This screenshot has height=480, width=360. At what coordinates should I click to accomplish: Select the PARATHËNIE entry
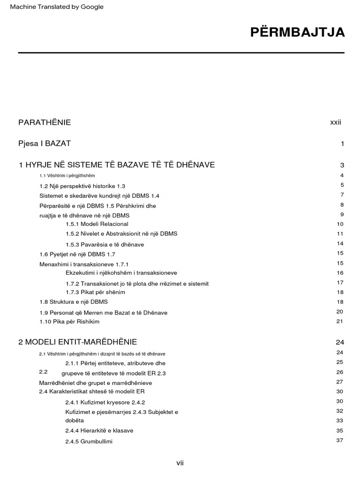pyautogui.click(x=45, y=122)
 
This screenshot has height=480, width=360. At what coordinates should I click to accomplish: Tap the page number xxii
pyautogui.click(x=336, y=122)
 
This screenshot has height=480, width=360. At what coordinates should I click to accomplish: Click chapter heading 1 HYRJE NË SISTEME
pyautogui.click(x=117, y=165)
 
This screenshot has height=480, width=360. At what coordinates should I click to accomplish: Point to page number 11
pyautogui.click(x=340, y=234)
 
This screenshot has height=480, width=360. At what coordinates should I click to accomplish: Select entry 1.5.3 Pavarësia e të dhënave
pyautogui.click(x=105, y=245)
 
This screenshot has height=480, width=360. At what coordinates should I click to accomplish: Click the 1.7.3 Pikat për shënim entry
pyautogui.click(x=95, y=292)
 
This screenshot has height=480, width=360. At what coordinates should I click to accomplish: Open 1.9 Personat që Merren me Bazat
pyautogui.click(x=103, y=313)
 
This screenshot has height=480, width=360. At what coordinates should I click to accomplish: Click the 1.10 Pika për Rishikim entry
pyautogui.click(x=69, y=322)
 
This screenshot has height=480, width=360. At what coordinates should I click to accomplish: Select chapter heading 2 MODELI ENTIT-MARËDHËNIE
pyautogui.click(x=78, y=342)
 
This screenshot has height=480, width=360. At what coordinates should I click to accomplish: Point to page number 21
pyautogui.click(x=340, y=321)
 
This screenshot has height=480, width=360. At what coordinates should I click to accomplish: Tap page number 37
pyautogui.click(x=340, y=441)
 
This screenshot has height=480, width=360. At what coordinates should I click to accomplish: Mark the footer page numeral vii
pyautogui.click(x=180, y=463)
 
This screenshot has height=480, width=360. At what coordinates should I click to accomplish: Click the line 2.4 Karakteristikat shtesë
pyautogui.click(x=92, y=391)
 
